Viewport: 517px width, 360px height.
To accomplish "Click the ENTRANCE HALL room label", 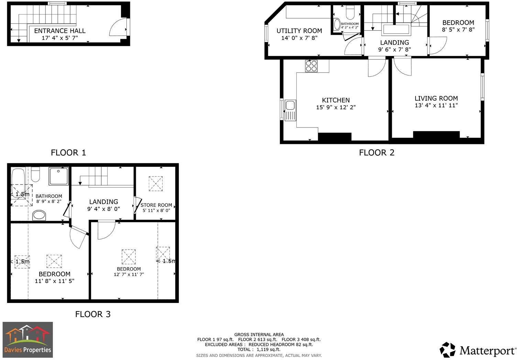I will click(x=60, y=31).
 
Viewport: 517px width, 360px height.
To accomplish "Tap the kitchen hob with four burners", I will click(x=311, y=65).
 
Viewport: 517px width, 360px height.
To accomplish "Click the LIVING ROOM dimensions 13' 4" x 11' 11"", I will click(x=436, y=105).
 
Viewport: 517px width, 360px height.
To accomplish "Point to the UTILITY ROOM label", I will click(x=299, y=31).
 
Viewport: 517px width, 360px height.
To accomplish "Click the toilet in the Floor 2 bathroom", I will click(x=350, y=13).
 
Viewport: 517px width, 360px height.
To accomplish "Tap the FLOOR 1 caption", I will click(x=68, y=153).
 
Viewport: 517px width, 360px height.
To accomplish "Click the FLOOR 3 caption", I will click(x=93, y=314).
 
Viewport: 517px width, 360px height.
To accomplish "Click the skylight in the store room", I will click(x=156, y=183).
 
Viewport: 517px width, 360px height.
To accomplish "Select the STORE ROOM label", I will click(x=156, y=205).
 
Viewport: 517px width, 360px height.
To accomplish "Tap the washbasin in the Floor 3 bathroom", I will click(x=39, y=216).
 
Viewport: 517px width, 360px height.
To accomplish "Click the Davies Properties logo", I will click(x=28, y=340).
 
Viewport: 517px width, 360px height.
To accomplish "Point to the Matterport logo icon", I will click(x=448, y=350).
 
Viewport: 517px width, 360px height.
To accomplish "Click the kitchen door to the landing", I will click(x=376, y=68).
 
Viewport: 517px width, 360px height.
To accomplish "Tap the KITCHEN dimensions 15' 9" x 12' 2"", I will click(x=335, y=107).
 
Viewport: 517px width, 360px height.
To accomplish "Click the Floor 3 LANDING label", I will click(x=103, y=202).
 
